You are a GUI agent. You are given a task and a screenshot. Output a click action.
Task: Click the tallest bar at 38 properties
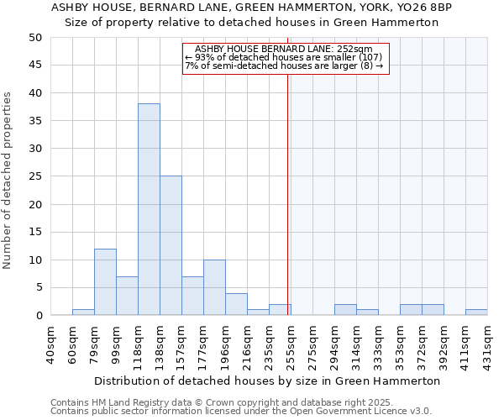[x=149, y=209]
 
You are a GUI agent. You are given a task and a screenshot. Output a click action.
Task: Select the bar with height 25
[x=171, y=245]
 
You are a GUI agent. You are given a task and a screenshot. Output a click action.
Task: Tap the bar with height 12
[x=105, y=281]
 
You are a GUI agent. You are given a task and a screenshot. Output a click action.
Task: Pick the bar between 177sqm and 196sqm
[x=214, y=287]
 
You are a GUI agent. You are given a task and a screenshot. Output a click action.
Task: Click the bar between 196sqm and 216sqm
[x=236, y=304]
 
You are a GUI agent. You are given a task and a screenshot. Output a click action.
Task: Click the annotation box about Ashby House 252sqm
[x=286, y=57]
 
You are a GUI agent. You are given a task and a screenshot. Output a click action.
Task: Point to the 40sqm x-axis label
[x=50, y=344]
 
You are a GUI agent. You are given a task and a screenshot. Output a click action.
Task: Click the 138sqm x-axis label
[x=160, y=344]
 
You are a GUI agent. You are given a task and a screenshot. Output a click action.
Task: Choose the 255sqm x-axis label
[x=291, y=344]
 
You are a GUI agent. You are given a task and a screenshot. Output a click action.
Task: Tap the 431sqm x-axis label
[x=487, y=344]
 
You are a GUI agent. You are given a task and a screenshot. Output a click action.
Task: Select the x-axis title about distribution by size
[x=267, y=381]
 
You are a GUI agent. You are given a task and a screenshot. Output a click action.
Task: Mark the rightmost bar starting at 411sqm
[x=476, y=312]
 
